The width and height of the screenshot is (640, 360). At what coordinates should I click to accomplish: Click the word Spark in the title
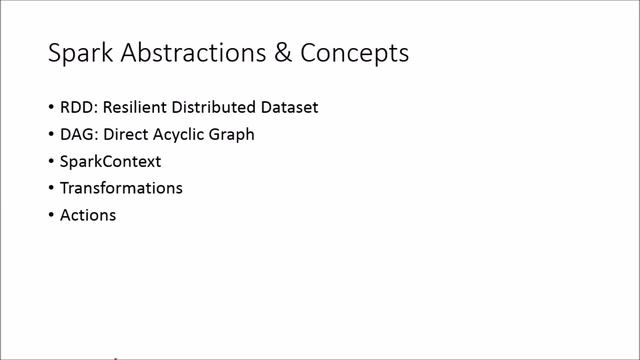[79, 54]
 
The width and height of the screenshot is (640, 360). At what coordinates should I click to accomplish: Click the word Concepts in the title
[354, 54]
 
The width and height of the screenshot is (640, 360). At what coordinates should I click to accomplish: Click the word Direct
[127, 134]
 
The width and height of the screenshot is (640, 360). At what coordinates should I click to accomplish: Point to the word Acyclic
[183, 134]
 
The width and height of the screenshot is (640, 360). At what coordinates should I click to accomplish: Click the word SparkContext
[110, 161]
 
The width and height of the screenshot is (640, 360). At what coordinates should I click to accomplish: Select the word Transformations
[121, 188]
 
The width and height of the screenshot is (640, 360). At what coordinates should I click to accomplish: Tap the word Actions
[88, 215]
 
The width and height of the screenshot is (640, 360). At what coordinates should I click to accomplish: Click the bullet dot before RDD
[51, 108]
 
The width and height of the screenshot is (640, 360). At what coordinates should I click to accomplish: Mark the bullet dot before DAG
[51, 135]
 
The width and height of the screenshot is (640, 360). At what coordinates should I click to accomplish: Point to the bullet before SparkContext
[51, 162]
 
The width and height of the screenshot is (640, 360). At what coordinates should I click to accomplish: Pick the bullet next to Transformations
[51, 189]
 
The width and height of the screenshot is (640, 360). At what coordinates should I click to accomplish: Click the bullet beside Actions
[51, 216]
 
